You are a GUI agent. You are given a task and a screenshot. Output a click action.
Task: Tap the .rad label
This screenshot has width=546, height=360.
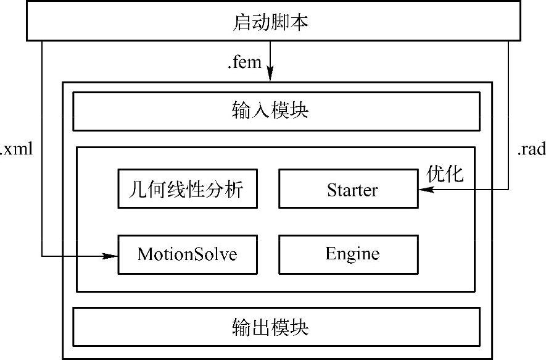(531, 149)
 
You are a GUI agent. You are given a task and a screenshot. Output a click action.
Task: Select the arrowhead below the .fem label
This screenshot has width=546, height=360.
(270, 73)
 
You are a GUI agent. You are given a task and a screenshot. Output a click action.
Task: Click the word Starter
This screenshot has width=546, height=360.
(352, 190)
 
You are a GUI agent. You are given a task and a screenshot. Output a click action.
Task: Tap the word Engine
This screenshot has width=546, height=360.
(352, 254)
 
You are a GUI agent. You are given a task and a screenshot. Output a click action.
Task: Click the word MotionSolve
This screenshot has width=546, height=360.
(187, 254)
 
